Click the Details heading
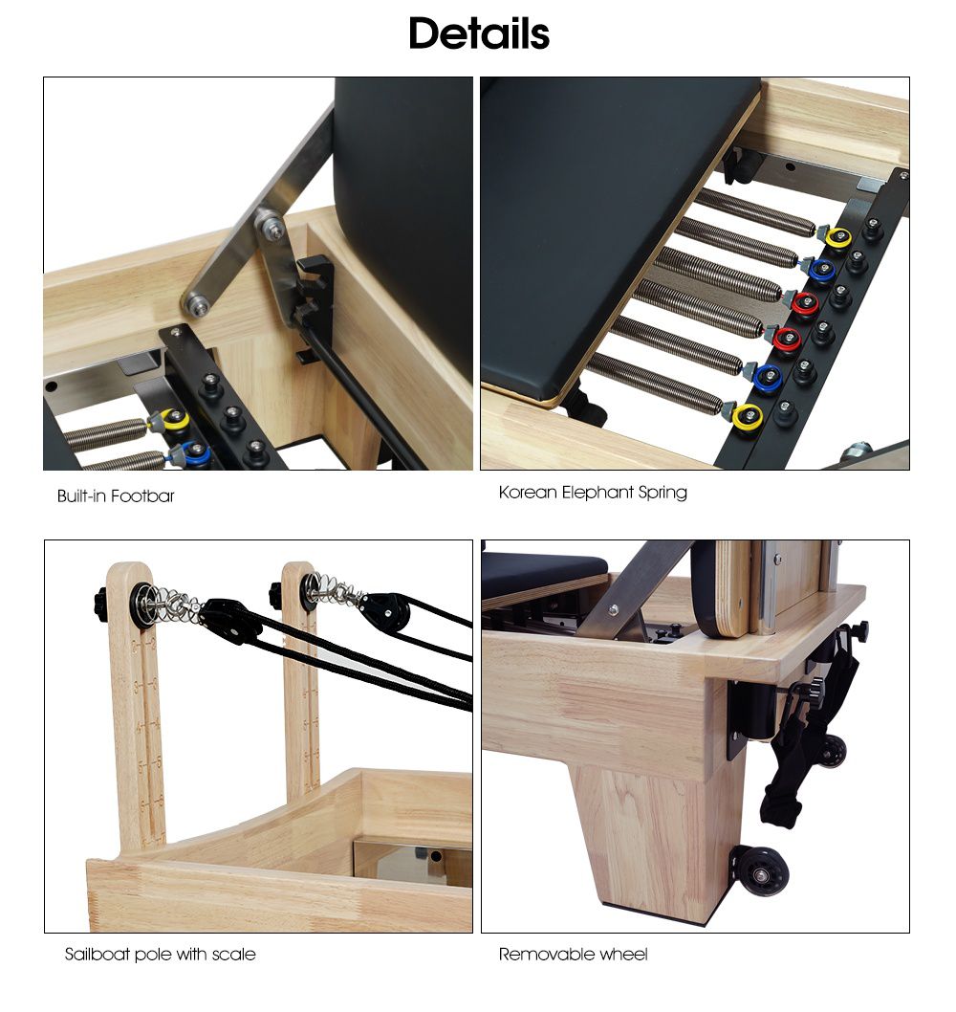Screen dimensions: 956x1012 tap(479, 33)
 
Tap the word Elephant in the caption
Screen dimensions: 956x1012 tap(597, 493)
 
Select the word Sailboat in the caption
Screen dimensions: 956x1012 tap(97, 954)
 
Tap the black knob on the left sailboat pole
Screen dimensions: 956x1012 tap(99, 603)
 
